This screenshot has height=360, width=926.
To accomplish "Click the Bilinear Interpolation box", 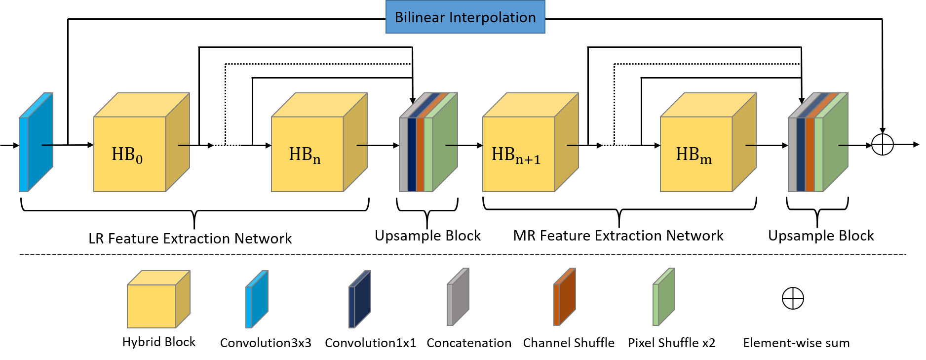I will (x=465, y=17).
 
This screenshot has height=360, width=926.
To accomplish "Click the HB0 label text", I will (x=127, y=155).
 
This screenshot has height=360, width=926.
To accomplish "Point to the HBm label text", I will (x=694, y=155).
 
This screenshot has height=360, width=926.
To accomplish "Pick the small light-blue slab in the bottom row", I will (x=259, y=299).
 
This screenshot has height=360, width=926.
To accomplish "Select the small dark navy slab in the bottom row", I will (x=362, y=299).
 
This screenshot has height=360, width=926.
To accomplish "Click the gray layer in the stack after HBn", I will (x=403, y=154).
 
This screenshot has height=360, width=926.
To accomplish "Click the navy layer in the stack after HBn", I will (x=412, y=154).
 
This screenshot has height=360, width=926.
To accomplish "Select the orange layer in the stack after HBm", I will (x=810, y=154).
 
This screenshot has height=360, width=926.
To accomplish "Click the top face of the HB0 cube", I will (x=142, y=105).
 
